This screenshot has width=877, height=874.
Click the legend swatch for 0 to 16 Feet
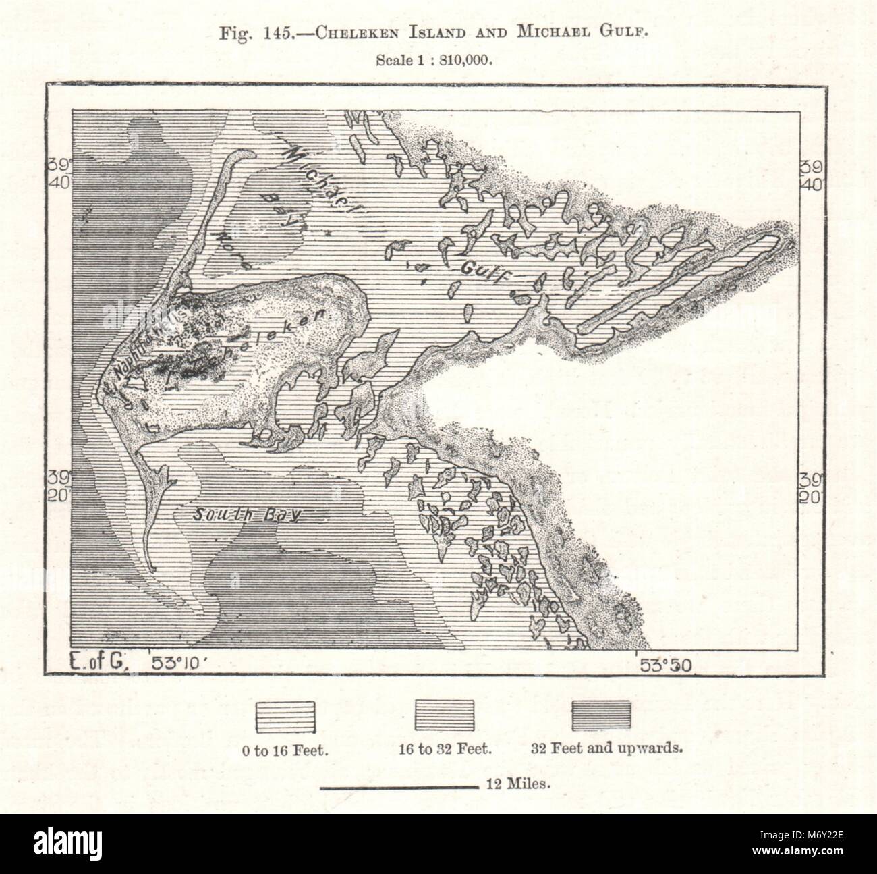(x=285, y=716)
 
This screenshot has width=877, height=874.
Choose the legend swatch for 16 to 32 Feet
(x=443, y=716)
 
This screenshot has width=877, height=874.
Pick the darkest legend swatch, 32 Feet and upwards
(x=601, y=716)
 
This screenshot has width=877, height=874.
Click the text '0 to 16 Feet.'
(x=286, y=748)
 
